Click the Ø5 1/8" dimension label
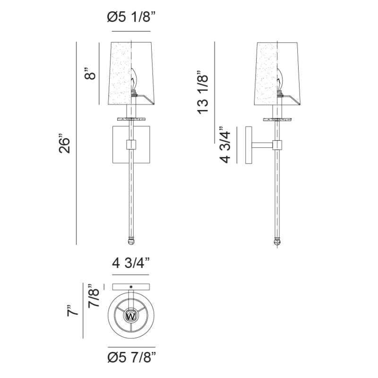point(131,17)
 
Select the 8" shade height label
point(90,74)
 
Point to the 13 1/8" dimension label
point(203,92)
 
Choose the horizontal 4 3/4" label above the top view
point(131,263)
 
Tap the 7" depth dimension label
point(73,310)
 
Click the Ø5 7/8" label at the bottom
point(132,357)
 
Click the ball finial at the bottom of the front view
point(131,241)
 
